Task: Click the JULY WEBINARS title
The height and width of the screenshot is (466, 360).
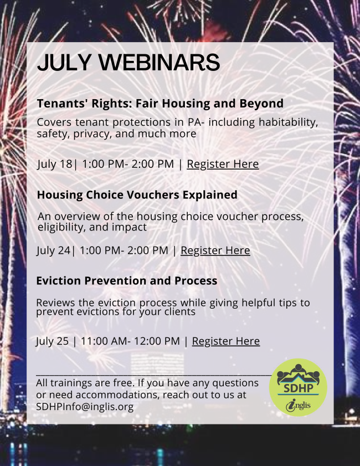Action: (x=128, y=63)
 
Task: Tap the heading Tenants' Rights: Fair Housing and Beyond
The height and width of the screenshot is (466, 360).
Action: (x=160, y=104)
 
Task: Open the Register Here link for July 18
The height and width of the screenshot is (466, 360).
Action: (x=223, y=164)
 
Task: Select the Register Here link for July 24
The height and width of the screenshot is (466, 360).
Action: (x=215, y=250)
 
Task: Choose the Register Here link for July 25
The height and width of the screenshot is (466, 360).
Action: (x=226, y=341)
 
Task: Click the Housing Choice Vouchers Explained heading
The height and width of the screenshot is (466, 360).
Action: (x=137, y=195)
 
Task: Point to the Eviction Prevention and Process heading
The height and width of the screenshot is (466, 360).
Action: (x=127, y=280)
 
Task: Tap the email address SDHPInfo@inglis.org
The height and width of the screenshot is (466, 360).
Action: (x=85, y=407)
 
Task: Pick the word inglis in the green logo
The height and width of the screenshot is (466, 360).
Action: (x=298, y=406)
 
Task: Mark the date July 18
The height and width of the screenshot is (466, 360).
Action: (x=55, y=164)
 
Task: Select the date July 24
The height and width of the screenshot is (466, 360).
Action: (x=54, y=250)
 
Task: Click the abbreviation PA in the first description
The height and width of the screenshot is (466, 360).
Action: (x=194, y=122)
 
